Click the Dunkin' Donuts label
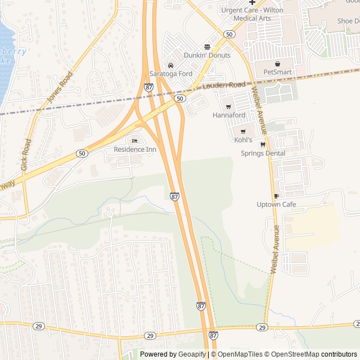[x=207, y=55]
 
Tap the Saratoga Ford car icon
[x=170, y=66]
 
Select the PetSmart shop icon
[x=277, y=64]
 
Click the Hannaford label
[x=228, y=115]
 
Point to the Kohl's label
[x=243, y=139]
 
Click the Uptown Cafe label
[x=276, y=204]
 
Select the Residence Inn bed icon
[x=134, y=141]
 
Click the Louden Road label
[x=224, y=85]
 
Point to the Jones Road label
[x=60, y=87]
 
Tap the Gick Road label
[x=26, y=155]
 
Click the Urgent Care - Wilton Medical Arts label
[x=252, y=15]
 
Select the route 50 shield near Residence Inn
[x=82, y=153]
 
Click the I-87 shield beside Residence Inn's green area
[x=174, y=196]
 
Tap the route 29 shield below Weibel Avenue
[x=262, y=327]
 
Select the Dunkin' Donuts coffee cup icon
[x=207, y=47]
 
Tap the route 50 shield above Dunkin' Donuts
[x=228, y=34]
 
